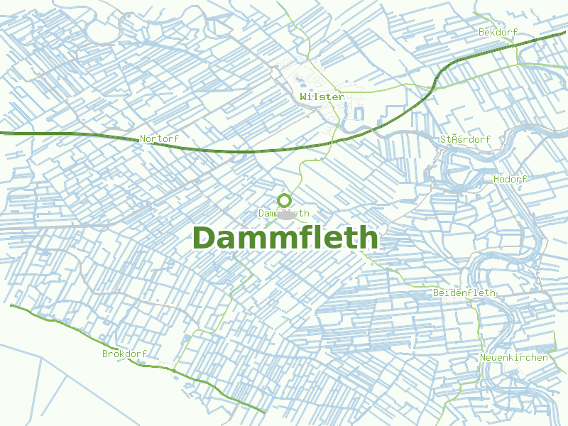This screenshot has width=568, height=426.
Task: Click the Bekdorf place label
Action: (498, 33)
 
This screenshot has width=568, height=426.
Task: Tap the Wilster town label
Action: (322, 97)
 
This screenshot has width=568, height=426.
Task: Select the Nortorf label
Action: (159, 139)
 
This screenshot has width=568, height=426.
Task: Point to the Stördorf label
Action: (465, 139)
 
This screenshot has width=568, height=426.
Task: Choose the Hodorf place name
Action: (510, 180)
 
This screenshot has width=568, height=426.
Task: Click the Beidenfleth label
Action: (464, 293)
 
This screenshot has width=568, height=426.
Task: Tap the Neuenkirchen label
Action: (514, 357)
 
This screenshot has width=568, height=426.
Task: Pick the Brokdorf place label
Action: (124, 354)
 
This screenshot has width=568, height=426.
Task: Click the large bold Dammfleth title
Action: (285, 239)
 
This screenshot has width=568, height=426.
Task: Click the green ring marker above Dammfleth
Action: (285, 200)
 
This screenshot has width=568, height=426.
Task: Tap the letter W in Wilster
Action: (303, 97)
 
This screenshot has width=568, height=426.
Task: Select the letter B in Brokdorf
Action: (105, 354)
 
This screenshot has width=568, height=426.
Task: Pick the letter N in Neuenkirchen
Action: (483, 357)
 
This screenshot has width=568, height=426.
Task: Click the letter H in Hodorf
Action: (496, 180)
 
